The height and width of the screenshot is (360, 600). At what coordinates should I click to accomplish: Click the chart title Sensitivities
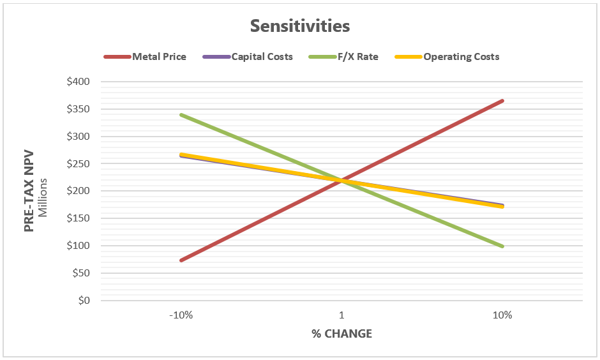pyautogui.click(x=300, y=26)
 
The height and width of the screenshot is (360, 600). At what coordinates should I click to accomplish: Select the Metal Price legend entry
pyautogui.click(x=159, y=57)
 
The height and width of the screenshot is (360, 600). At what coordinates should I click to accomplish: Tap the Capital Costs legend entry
pyautogui.click(x=262, y=57)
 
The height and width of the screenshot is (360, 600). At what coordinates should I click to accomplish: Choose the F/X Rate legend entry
pyautogui.click(x=359, y=57)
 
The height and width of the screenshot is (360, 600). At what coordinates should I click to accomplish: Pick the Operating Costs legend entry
pyautogui.click(x=461, y=57)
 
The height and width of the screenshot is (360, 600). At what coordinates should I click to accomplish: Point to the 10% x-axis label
pyautogui.click(x=502, y=315)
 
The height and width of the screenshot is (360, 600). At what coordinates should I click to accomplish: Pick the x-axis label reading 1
pyautogui.click(x=341, y=315)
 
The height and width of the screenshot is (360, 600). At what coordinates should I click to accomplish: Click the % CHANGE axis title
pyautogui.click(x=341, y=334)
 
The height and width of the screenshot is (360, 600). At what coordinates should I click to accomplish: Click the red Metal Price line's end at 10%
pyautogui.click(x=502, y=101)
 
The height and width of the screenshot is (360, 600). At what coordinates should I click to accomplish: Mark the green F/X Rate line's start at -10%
pyautogui.click(x=181, y=115)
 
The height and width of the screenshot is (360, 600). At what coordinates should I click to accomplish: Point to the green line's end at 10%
pyautogui.click(x=502, y=246)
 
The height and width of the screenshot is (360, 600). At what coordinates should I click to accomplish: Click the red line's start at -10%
pyautogui.click(x=181, y=260)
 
